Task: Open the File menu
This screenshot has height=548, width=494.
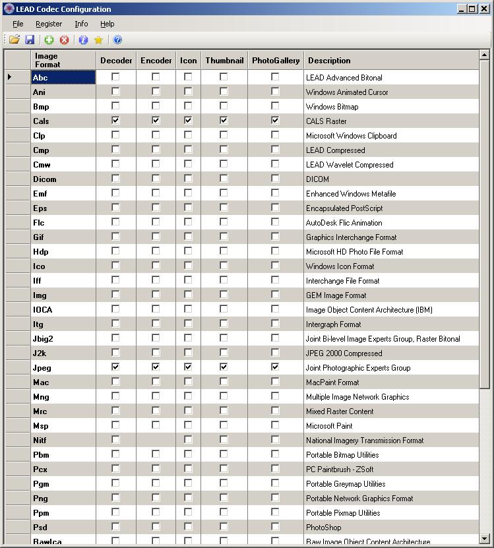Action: coord(18,24)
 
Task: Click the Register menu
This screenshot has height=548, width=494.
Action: coord(49,24)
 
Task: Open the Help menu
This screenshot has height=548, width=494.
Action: coord(107,24)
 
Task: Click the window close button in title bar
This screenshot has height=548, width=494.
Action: coord(484,9)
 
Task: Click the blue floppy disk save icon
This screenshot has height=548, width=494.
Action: coord(30,40)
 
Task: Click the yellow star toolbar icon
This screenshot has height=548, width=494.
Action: coord(99,40)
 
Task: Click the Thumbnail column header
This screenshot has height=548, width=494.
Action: coord(224,61)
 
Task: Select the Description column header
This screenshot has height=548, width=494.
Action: coord(329,61)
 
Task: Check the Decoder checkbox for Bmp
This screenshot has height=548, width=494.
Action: coord(116,106)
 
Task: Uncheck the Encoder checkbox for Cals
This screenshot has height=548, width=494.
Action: coord(156,121)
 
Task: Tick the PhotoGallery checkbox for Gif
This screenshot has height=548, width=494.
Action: coord(275,237)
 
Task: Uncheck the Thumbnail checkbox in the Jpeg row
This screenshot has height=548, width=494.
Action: coord(224,367)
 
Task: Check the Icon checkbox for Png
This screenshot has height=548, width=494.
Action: coord(188,498)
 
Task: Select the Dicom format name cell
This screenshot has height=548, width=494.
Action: coord(45,179)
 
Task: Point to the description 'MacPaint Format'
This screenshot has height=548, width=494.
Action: coord(332,382)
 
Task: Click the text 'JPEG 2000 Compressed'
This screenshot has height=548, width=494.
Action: coord(344,353)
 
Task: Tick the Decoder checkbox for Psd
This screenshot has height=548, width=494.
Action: coord(116,527)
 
